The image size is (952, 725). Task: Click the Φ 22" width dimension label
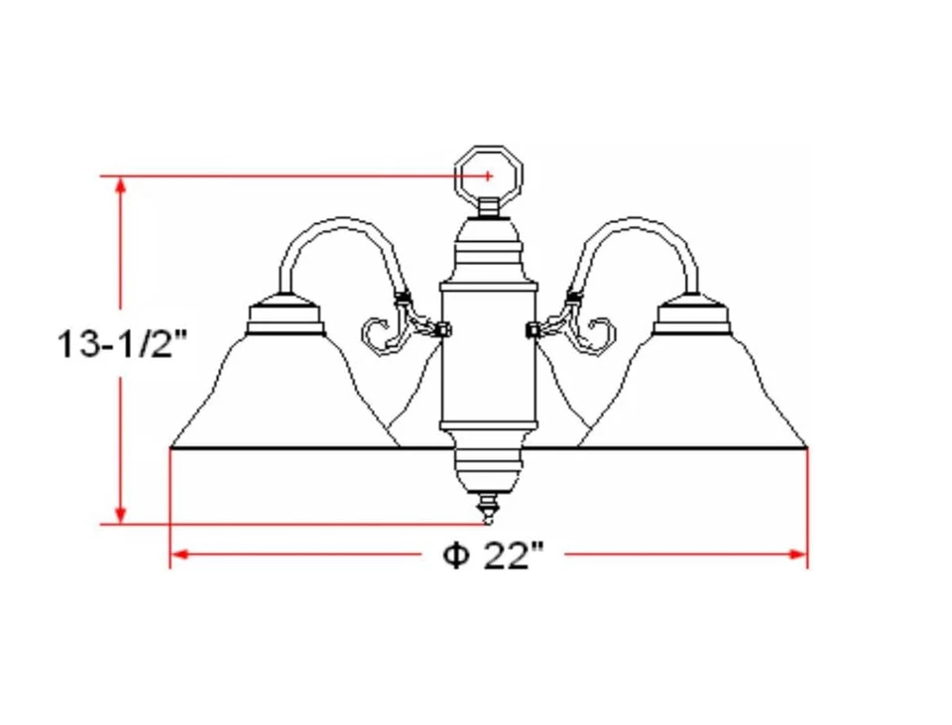pos(493,555)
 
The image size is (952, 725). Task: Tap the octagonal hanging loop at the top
pos(488,175)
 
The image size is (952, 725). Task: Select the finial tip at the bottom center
pos(487,510)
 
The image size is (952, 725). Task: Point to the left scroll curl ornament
pos(382,334)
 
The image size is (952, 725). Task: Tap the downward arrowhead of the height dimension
pos(121,514)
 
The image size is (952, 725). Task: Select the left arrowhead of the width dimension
pos(179,554)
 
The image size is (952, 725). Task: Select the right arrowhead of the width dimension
pos(798,554)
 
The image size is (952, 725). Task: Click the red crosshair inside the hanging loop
pos(489,176)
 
